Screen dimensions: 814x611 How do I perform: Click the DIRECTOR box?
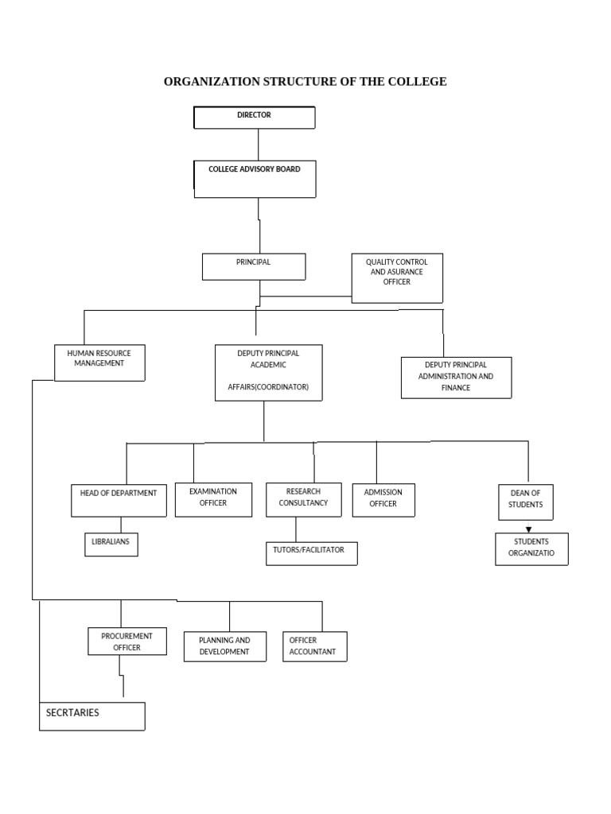point(255,118)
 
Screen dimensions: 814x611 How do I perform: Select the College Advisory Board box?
point(255,179)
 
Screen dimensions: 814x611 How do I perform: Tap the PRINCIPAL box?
point(254,266)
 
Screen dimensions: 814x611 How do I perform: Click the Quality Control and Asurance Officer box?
point(397,278)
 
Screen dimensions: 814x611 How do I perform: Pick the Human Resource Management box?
point(99,362)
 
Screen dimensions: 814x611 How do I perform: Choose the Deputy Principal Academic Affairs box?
point(268,372)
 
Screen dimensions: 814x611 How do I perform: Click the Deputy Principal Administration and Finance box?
point(455,378)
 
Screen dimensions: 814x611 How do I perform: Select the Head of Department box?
point(119,501)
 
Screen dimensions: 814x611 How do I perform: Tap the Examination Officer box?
point(213,499)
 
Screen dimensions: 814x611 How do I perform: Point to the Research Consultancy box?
point(303,499)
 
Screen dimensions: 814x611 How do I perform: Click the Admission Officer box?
point(383,499)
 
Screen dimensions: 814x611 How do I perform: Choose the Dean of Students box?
point(526,502)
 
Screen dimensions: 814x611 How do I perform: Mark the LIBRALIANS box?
point(111,544)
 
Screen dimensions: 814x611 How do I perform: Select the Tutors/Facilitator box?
point(310,553)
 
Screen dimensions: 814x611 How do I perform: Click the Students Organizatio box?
point(531,548)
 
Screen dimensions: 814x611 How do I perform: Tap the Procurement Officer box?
point(126,641)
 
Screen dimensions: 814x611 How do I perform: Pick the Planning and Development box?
point(224,646)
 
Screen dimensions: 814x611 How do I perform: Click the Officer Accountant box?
point(314,646)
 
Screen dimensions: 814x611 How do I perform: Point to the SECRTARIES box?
point(92,715)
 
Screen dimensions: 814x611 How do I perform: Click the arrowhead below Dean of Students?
point(528,529)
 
